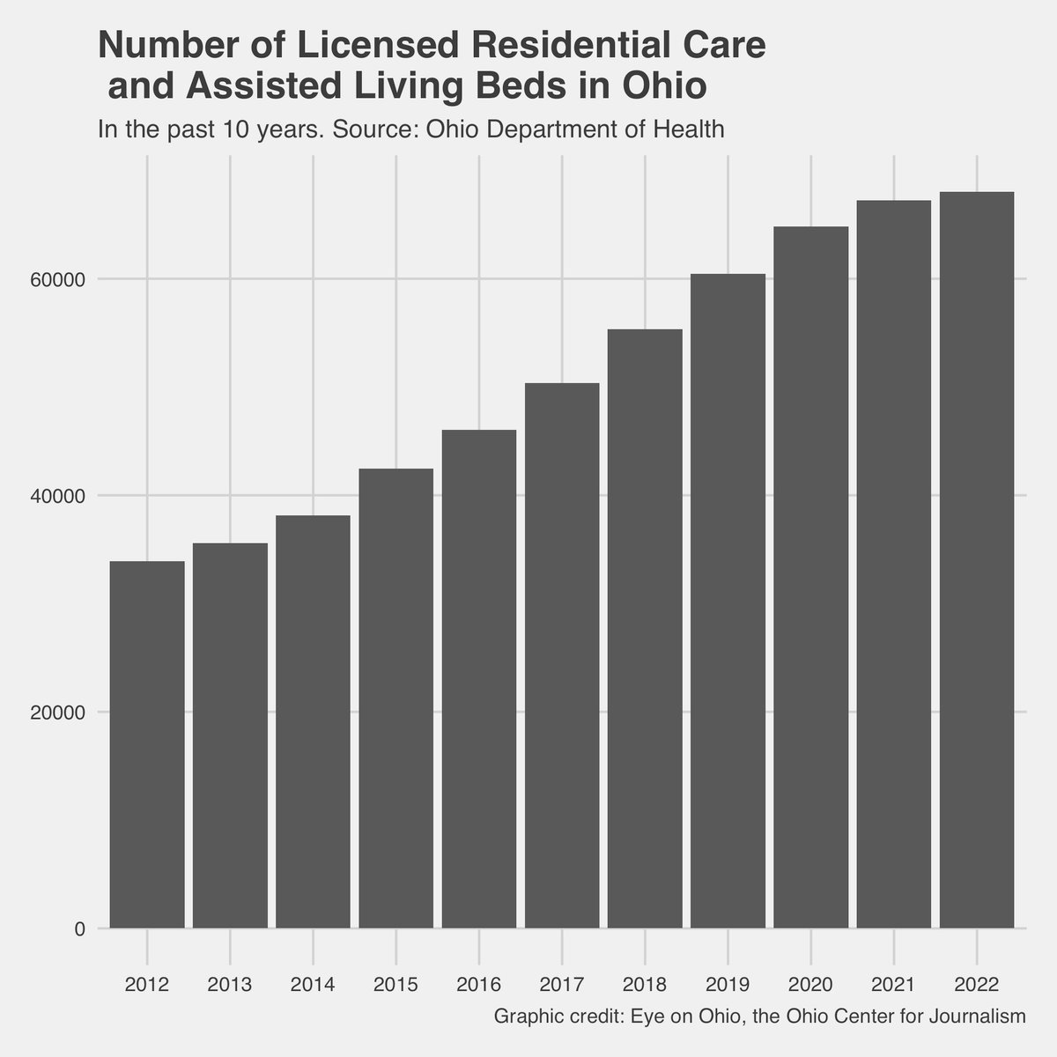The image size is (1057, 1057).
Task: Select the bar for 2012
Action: click(146, 744)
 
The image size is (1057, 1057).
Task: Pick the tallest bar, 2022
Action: click(976, 559)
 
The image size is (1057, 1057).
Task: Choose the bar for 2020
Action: click(810, 577)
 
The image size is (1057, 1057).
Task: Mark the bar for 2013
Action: click(230, 735)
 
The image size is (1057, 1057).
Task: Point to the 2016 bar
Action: click(478, 678)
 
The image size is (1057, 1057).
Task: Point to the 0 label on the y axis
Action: click(80, 929)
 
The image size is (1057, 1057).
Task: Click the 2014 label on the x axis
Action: click(313, 984)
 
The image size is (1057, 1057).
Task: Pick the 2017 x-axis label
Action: click(562, 984)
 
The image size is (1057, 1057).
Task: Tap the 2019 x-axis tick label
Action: click(728, 984)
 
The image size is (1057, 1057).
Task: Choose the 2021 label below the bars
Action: click(893, 984)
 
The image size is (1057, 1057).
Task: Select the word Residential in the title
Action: click(556, 47)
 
